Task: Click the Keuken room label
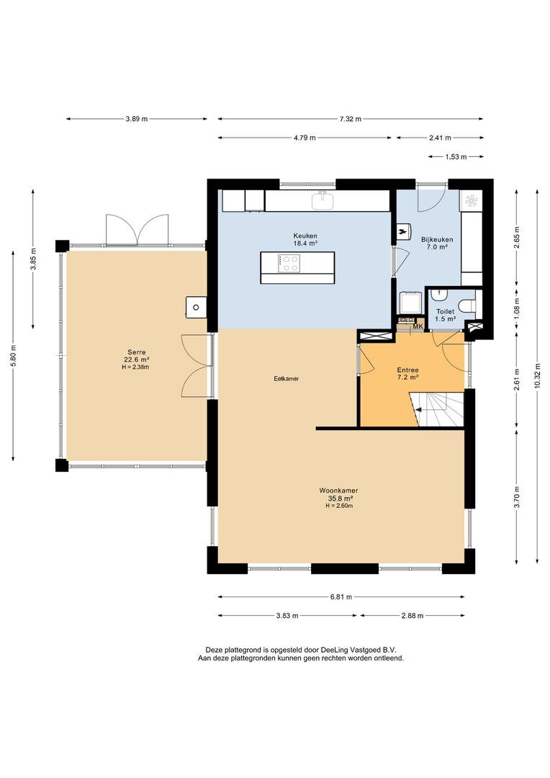tap(305, 240)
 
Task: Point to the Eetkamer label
tap(287, 379)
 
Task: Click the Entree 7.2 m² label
tap(407, 373)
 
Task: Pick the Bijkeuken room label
tap(437, 243)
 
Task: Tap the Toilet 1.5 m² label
tap(446, 315)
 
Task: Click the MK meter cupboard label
tap(418, 326)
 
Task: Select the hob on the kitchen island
tap(289, 263)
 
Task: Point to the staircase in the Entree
tap(436, 409)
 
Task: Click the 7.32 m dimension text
tap(350, 119)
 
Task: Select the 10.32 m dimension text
tap(538, 377)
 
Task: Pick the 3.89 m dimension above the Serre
tap(136, 119)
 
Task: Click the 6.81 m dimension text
tap(341, 597)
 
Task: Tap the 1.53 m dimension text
tap(456, 157)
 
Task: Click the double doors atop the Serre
tap(137, 230)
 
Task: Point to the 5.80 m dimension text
tap(14, 355)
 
